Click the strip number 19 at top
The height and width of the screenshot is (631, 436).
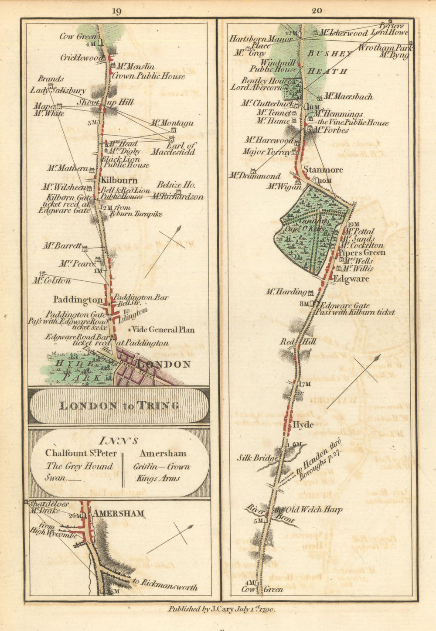pyautogui.click(x=116, y=12)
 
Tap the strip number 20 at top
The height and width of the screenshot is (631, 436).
pyautogui.click(x=317, y=11)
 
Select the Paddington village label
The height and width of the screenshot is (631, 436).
pyautogui.click(x=78, y=300)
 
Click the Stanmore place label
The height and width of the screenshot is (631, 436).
pyautogui.click(x=323, y=170)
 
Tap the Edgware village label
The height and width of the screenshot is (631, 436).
pyautogui.click(x=351, y=279)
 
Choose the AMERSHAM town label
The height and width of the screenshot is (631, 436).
pyautogui.click(x=118, y=514)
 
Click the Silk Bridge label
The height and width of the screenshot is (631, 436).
pyautogui.click(x=257, y=458)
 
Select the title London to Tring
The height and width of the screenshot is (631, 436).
pyautogui.click(x=119, y=406)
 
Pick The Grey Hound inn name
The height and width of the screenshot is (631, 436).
pyautogui.click(x=79, y=466)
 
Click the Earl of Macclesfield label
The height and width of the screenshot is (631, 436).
pyautogui.click(x=174, y=149)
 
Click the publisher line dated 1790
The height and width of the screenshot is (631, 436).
pyautogui.click(x=221, y=609)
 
